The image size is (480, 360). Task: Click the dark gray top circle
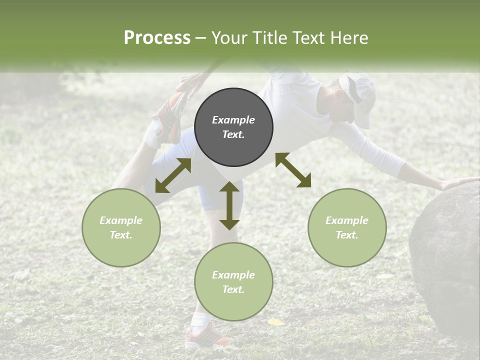pyautogui.click(x=233, y=127)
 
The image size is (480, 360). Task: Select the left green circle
pyautogui.click(x=121, y=227)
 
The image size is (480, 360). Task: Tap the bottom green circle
pyautogui.click(x=233, y=282)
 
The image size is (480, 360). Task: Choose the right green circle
pyautogui.click(x=347, y=227)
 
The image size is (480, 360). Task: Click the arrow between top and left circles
pyautogui.click(x=173, y=175)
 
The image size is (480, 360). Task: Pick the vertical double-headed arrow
pyautogui.click(x=229, y=205)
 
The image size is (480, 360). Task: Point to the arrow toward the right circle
pyautogui.click(x=293, y=170)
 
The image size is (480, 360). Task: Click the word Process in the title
pyautogui.click(x=157, y=37)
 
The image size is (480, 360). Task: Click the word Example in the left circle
pyautogui.click(x=121, y=220)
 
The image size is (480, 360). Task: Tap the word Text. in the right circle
pyautogui.click(x=347, y=235)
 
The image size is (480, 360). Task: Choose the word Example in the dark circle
pyautogui.click(x=233, y=120)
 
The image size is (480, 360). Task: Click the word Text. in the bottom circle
pyautogui.click(x=233, y=289)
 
